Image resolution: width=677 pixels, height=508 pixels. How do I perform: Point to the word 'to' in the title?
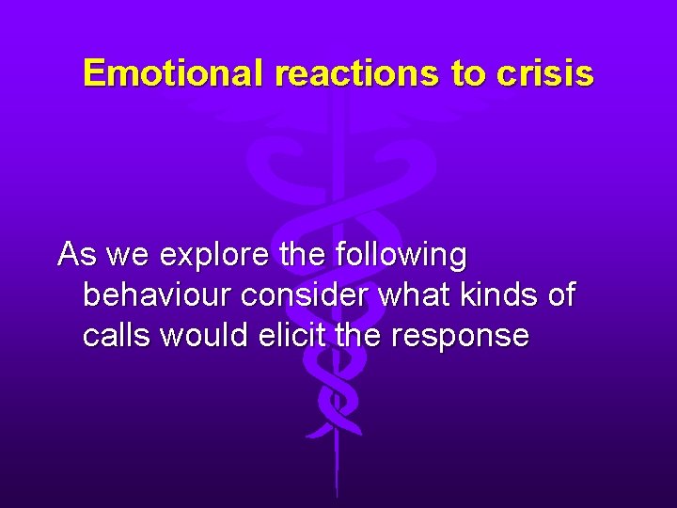[466, 72]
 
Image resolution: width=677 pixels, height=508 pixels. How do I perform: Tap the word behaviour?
[158, 295]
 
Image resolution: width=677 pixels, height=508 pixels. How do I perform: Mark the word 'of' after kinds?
[561, 295]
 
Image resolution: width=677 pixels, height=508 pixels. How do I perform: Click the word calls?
[118, 336]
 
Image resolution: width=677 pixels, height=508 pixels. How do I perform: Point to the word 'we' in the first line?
[130, 256]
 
